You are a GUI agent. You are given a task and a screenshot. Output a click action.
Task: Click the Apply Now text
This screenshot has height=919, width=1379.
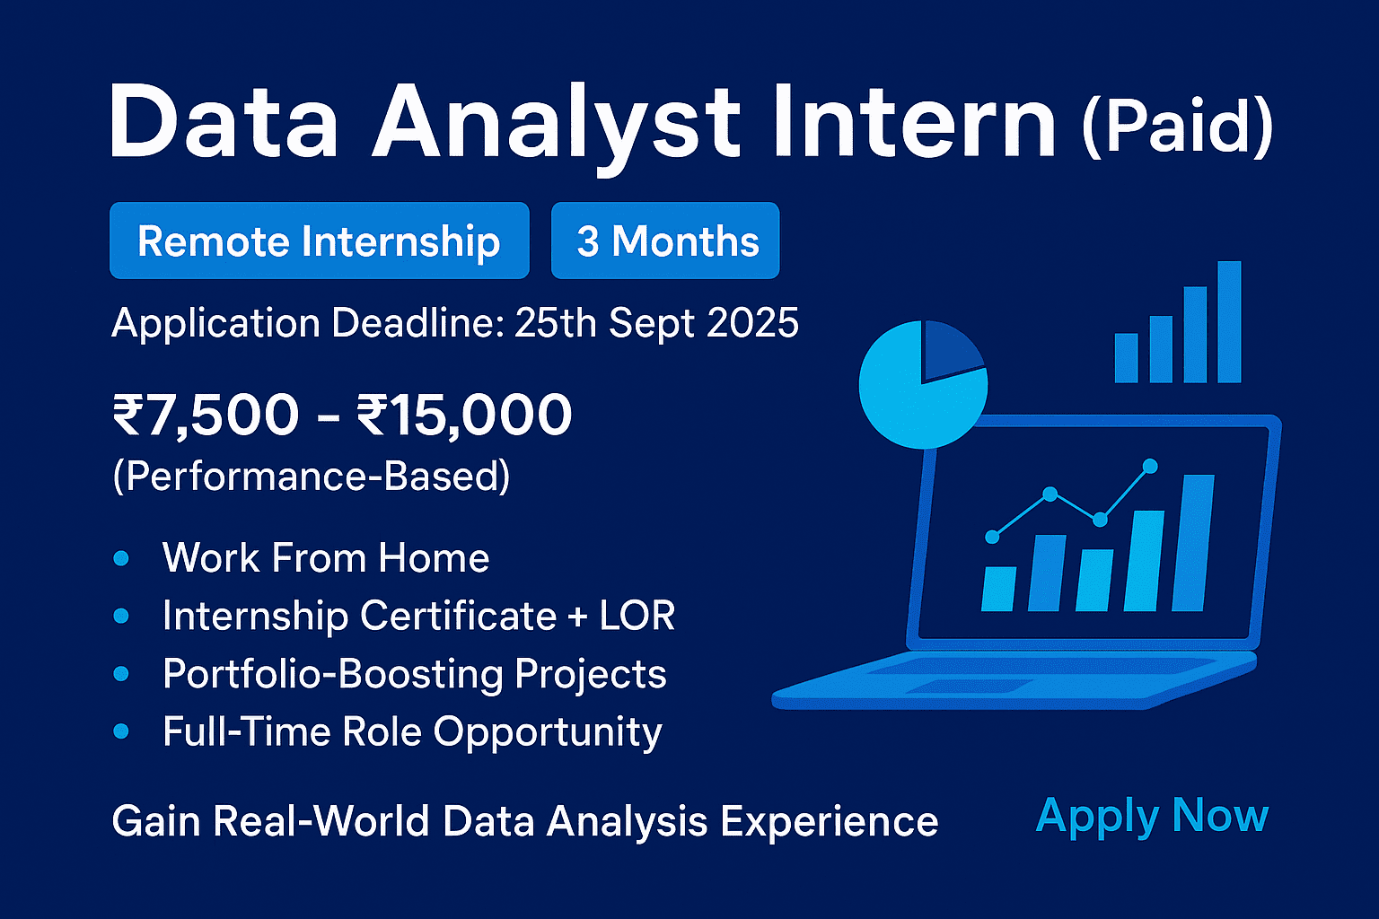(1152, 817)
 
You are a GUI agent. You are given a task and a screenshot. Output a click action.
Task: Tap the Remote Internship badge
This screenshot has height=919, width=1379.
(319, 241)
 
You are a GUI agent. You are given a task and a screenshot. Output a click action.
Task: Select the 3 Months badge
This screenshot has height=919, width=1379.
(665, 241)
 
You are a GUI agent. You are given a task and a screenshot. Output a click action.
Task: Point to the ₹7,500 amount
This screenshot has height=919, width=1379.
(205, 415)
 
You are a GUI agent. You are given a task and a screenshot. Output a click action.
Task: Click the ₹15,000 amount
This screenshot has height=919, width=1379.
(463, 415)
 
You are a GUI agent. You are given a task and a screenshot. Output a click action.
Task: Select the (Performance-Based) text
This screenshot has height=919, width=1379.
(311, 476)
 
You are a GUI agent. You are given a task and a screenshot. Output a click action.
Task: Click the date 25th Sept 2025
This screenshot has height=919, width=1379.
(656, 323)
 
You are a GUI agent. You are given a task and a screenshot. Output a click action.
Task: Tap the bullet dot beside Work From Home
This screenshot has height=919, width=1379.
(121, 559)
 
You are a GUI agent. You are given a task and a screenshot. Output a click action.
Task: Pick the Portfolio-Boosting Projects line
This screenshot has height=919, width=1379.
(414, 674)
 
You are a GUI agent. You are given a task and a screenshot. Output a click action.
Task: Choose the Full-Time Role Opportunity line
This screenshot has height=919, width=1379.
(412, 732)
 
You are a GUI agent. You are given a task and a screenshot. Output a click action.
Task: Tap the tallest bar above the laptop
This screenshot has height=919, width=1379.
(1228, 322)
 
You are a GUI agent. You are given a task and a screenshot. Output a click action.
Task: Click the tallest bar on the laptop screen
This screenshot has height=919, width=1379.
(1193, 543)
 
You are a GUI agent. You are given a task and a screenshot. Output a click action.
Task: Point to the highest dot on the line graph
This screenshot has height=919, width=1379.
(1149, 466)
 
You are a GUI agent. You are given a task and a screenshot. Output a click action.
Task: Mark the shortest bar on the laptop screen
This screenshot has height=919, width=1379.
(998, 589)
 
